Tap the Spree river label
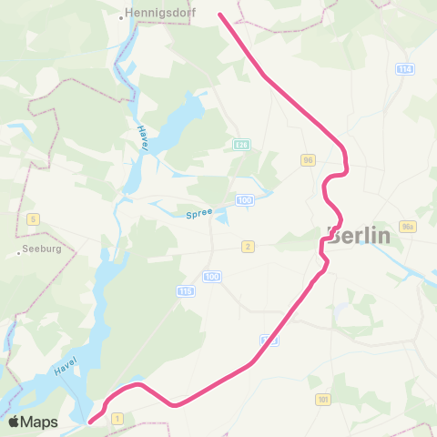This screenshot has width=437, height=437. click(x=198, y=213)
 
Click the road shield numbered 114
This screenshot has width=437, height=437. click(x=405, y=69)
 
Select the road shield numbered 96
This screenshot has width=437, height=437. click(x=308, y=159)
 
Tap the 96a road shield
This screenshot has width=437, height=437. click(x=406, y=227)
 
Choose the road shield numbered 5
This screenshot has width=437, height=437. click(x=34, y=218)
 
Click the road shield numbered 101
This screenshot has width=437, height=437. click(x=322, y=399)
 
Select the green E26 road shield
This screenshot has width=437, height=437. click(x=241, y=145)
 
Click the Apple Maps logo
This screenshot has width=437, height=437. click(x=33, y=422)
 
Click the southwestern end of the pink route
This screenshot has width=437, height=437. click(x=90, y=421)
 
